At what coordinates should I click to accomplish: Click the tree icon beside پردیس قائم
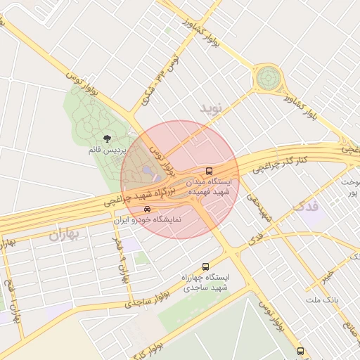click(x=107, y=139)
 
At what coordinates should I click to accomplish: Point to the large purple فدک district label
click(x=304, y=206)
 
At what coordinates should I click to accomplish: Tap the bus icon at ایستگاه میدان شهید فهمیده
click(x=209, y=171)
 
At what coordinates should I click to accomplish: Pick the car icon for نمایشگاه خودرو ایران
click(x=146, y=209)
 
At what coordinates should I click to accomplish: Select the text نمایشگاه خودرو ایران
click(x=147, y=219)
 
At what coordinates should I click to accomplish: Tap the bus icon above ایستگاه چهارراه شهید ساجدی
click(x=205, y=266)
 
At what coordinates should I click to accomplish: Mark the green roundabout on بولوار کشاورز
click(x=267, y=77)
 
